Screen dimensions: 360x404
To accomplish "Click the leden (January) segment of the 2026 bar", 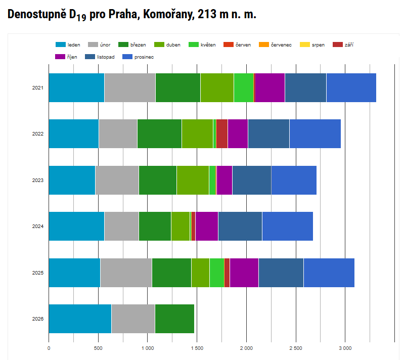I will [x=80, y=319].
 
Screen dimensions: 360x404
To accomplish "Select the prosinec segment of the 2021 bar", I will [x=351, y=87].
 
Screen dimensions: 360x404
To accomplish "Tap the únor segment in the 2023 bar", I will [x=117, y=180].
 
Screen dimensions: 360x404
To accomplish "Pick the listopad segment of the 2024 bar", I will [x=240, y=227].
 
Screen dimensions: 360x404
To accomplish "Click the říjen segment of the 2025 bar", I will [x=244, y=273].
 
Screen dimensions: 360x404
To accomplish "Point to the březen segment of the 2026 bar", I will [x=174, y=319].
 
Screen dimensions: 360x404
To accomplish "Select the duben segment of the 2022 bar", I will [x=197, y=134].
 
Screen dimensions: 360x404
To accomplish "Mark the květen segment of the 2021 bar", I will [x=244, y=87].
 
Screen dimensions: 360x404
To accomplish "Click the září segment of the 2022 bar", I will [x=221, y=134].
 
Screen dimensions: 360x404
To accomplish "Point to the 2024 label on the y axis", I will [x=37, y=227].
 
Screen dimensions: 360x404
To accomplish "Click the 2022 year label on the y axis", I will [x=37, y=134].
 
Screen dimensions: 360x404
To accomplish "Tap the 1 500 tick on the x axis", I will [x=197, y=348].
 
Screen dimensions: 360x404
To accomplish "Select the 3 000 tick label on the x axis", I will [x=345, y=348].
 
